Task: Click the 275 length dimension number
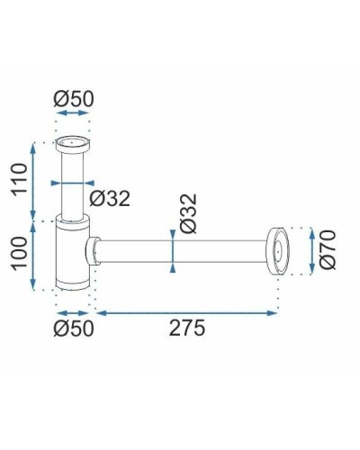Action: tap(186, 328)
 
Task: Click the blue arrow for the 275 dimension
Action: tap(186, 312)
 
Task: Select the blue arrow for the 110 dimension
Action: tap(33, 180)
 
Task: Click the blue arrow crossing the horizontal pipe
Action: tap(171, 250)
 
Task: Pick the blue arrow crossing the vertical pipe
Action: tap(73, 183)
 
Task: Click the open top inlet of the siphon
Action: tap(73, 142)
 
